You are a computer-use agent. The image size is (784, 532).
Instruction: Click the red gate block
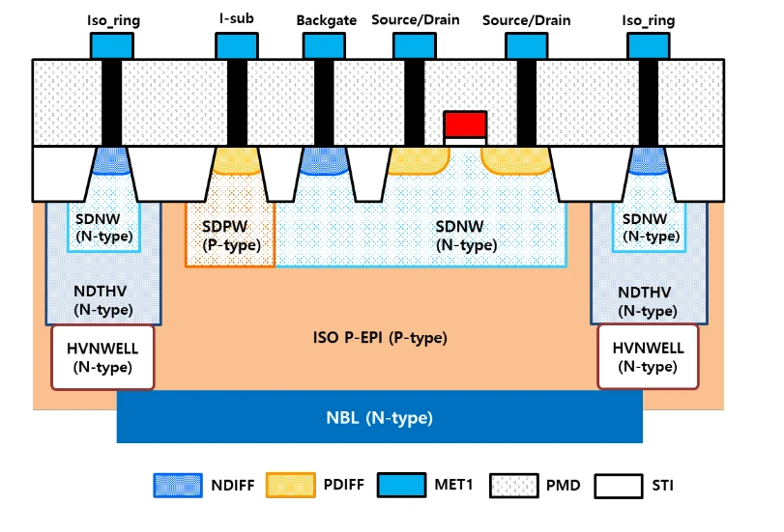coord(465,124)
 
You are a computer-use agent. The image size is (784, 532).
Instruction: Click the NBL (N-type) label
coord(379,418)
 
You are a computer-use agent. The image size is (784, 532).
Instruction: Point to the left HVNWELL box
coord(103,357)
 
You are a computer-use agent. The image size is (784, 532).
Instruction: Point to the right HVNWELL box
coord(648,357)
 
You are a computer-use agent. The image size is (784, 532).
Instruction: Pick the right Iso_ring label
coord(650,20)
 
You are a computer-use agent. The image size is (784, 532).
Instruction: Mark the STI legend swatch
coord(618,485)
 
